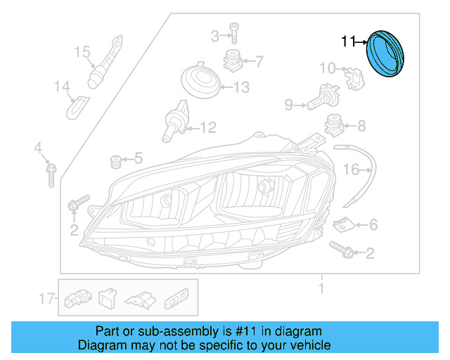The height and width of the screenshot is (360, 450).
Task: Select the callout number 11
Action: pos(348,42)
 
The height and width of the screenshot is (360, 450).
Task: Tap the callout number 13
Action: pos(241,88)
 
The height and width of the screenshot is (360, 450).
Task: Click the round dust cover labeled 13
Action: pos(200,79)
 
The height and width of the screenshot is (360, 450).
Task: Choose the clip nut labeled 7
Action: pos(233,61)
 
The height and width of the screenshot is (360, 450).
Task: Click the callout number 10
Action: pos(328,68)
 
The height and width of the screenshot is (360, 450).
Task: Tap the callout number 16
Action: pos(351,169)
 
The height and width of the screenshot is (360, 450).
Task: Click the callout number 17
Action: pos(47,299)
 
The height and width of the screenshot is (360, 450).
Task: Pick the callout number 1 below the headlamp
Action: pos(321,288)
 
